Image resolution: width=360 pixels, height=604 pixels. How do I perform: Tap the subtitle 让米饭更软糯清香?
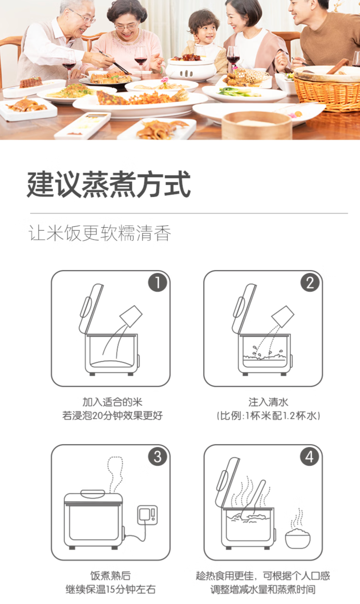100,233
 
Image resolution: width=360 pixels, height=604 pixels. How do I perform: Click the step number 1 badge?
157,282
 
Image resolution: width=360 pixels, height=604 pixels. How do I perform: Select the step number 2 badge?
310,282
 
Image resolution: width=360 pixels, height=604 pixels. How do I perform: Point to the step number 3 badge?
157,457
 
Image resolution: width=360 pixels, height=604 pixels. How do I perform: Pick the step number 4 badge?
309,457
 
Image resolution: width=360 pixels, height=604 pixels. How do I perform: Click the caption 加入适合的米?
112,402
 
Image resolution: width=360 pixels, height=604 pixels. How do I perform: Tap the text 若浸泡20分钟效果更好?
113,415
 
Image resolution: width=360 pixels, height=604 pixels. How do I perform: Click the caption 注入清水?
268,402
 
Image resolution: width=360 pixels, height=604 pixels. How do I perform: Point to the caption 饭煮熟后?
110,575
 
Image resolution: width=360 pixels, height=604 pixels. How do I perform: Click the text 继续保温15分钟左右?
111,589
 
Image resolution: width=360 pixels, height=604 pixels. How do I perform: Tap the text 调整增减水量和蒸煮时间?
263,589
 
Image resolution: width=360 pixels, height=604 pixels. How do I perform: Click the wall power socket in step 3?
147,515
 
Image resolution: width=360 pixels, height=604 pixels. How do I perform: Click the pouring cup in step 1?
131,316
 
